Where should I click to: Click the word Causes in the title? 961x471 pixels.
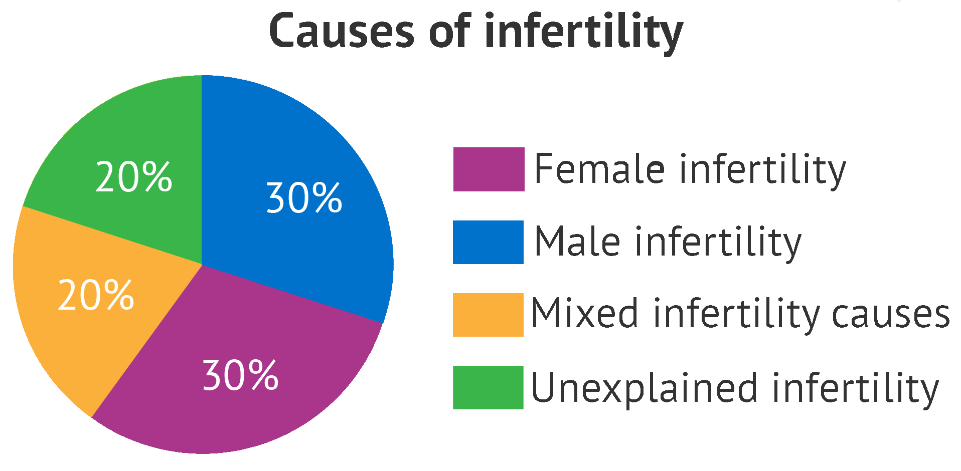(x=342, y=31)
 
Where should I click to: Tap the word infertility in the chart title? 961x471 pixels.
(x=583, y=33)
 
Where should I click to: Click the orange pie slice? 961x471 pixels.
(x=95, y=301)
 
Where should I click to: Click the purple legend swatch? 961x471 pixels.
(x=489, y=169)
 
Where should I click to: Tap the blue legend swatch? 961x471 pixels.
(x=488, y=242)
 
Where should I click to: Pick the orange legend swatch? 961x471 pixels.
(x=488, y=315)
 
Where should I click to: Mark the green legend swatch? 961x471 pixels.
(x=488, y=387)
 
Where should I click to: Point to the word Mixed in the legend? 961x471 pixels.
(x=584, y=313)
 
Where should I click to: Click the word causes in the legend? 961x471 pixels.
(x=891, y=316)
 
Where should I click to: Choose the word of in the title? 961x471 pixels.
(x=449, y=31)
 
